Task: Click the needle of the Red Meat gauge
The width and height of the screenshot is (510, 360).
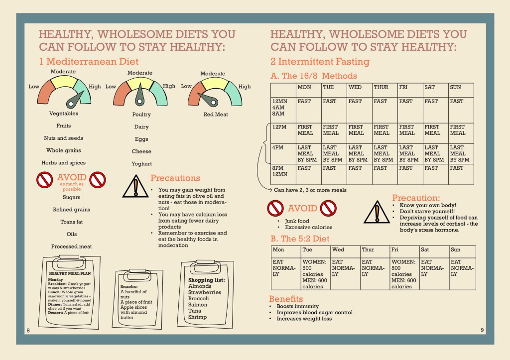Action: click(x=206, y=98)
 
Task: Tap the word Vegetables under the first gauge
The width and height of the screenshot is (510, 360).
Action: click(x=63, y=114)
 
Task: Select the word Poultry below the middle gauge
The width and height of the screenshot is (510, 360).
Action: click(x=141, y=115)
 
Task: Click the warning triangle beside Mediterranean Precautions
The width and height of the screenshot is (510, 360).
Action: click(x=135, y=186)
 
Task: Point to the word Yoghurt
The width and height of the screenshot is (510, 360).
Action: click(x=141, y=164)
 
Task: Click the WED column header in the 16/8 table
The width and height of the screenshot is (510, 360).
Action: click(x=355, y=87)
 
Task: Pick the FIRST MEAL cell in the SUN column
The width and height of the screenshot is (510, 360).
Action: click(x=460, y=130)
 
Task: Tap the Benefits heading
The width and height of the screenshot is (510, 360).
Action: click(x=286, y=299)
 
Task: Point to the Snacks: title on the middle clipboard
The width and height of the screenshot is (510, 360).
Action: click(x=129, y=287)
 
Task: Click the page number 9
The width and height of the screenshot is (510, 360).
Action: click(x=482, y=330)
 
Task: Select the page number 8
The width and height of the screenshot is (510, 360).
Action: click(x=28, y=330)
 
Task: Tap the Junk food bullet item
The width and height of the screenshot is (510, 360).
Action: click(x=297, y=221)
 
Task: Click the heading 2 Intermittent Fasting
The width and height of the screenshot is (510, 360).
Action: click(x=320, y=62)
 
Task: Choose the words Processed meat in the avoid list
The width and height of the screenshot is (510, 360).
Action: click(x=71, y=246)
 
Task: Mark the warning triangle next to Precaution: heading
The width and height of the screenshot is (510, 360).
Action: click(x=377, y=213)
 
